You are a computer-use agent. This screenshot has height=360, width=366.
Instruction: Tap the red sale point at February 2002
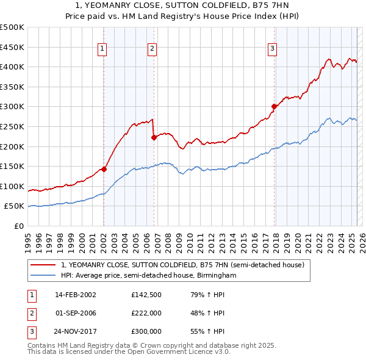pyautogui.click(x=104, y=169)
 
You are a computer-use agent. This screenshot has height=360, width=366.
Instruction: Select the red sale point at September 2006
pyautogui.click(x=154, y=137)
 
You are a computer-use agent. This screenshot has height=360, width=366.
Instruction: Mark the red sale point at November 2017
pyautogui.click(x=274, y=106)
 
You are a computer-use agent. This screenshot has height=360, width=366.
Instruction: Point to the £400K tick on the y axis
pyautogui.click(x=14, y=67)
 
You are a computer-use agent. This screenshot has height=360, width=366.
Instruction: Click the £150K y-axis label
pyautogui.click(x=14, y=166)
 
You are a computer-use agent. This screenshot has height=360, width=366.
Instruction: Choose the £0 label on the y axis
pyautogui.click(x=18, y=226)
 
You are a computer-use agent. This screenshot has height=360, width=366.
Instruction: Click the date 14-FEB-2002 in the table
pyautogui.click(x=76, y=294)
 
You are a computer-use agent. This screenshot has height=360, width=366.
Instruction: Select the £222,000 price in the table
pyautogui.click(x=146, y=313)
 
